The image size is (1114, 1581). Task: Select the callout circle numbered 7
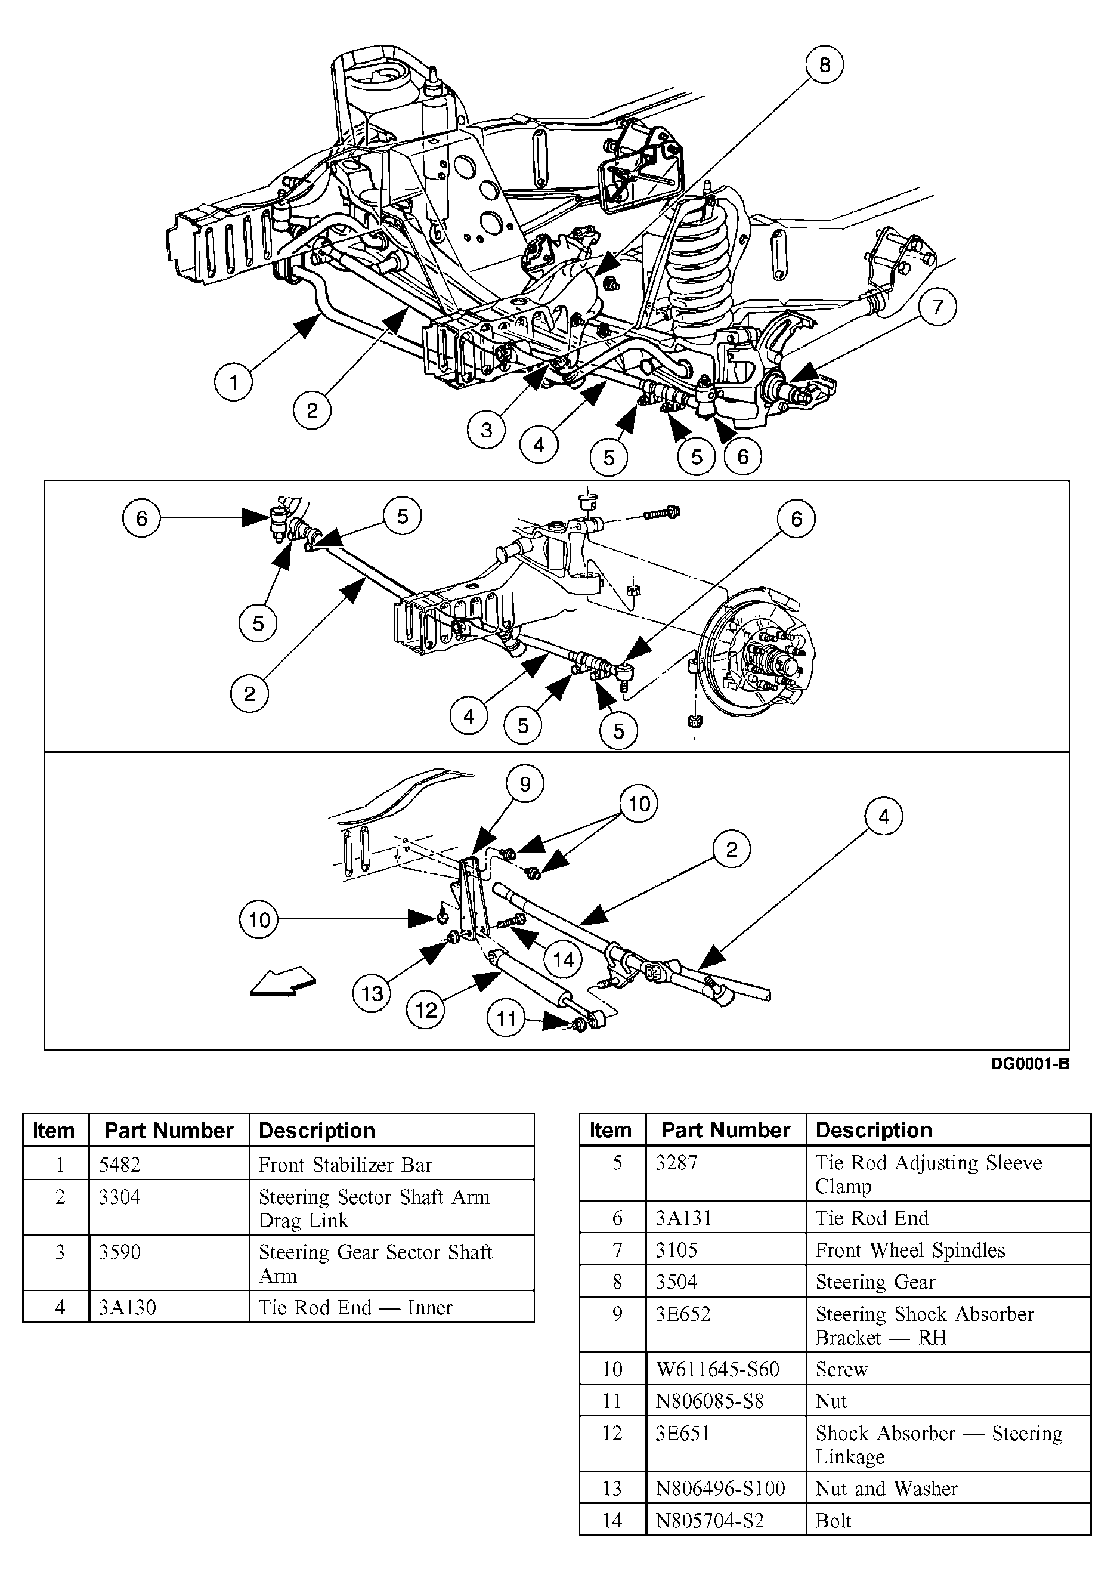click(x=937, y=307)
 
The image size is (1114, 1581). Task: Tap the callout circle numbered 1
click(x=233, y=382)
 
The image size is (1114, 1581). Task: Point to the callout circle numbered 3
click(x=487, y=430)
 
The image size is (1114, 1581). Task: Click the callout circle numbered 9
click(x=525, y=785)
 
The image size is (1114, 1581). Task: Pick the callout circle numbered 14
click(x=563, y=960)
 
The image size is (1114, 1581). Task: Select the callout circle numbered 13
click(x=372, y=993)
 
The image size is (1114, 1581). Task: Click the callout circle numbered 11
click(x=506, y=1019)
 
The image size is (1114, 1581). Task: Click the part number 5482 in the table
click(x=119, y=1165)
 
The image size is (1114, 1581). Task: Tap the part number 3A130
click(x=128, y=1307)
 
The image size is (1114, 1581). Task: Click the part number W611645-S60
click(x=717, y=1369)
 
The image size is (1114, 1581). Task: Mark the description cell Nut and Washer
click(x=886, y=1488)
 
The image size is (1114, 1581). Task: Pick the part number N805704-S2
click(x=709, y=1520)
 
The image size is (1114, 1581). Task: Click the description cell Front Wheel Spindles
click(x=910, y=1250)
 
